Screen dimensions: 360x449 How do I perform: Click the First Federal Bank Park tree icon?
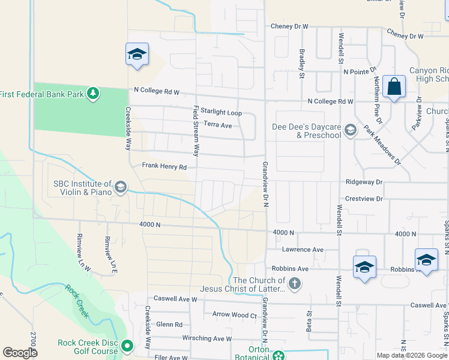click(x=92, y=93)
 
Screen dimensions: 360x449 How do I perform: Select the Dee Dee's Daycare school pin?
click(x=351, y=130)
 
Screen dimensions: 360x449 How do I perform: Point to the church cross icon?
click(x=294, y=284)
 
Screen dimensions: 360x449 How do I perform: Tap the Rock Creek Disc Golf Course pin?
click(x=127, y=346)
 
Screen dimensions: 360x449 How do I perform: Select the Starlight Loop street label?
click(x=221, y=112)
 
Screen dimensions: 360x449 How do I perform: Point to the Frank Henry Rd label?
click(x=164, y=167)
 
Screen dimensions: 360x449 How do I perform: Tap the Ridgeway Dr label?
click(x=364, y=182)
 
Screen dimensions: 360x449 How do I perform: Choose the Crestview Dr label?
click(x=364, y=199)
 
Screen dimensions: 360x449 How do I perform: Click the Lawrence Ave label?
click(x=303, y=250)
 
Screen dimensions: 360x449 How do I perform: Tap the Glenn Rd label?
click(x=169, y=324)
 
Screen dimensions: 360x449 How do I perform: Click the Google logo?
click(x=20, y=353)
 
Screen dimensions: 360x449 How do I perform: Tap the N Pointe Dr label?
click(x=360, y=71)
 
